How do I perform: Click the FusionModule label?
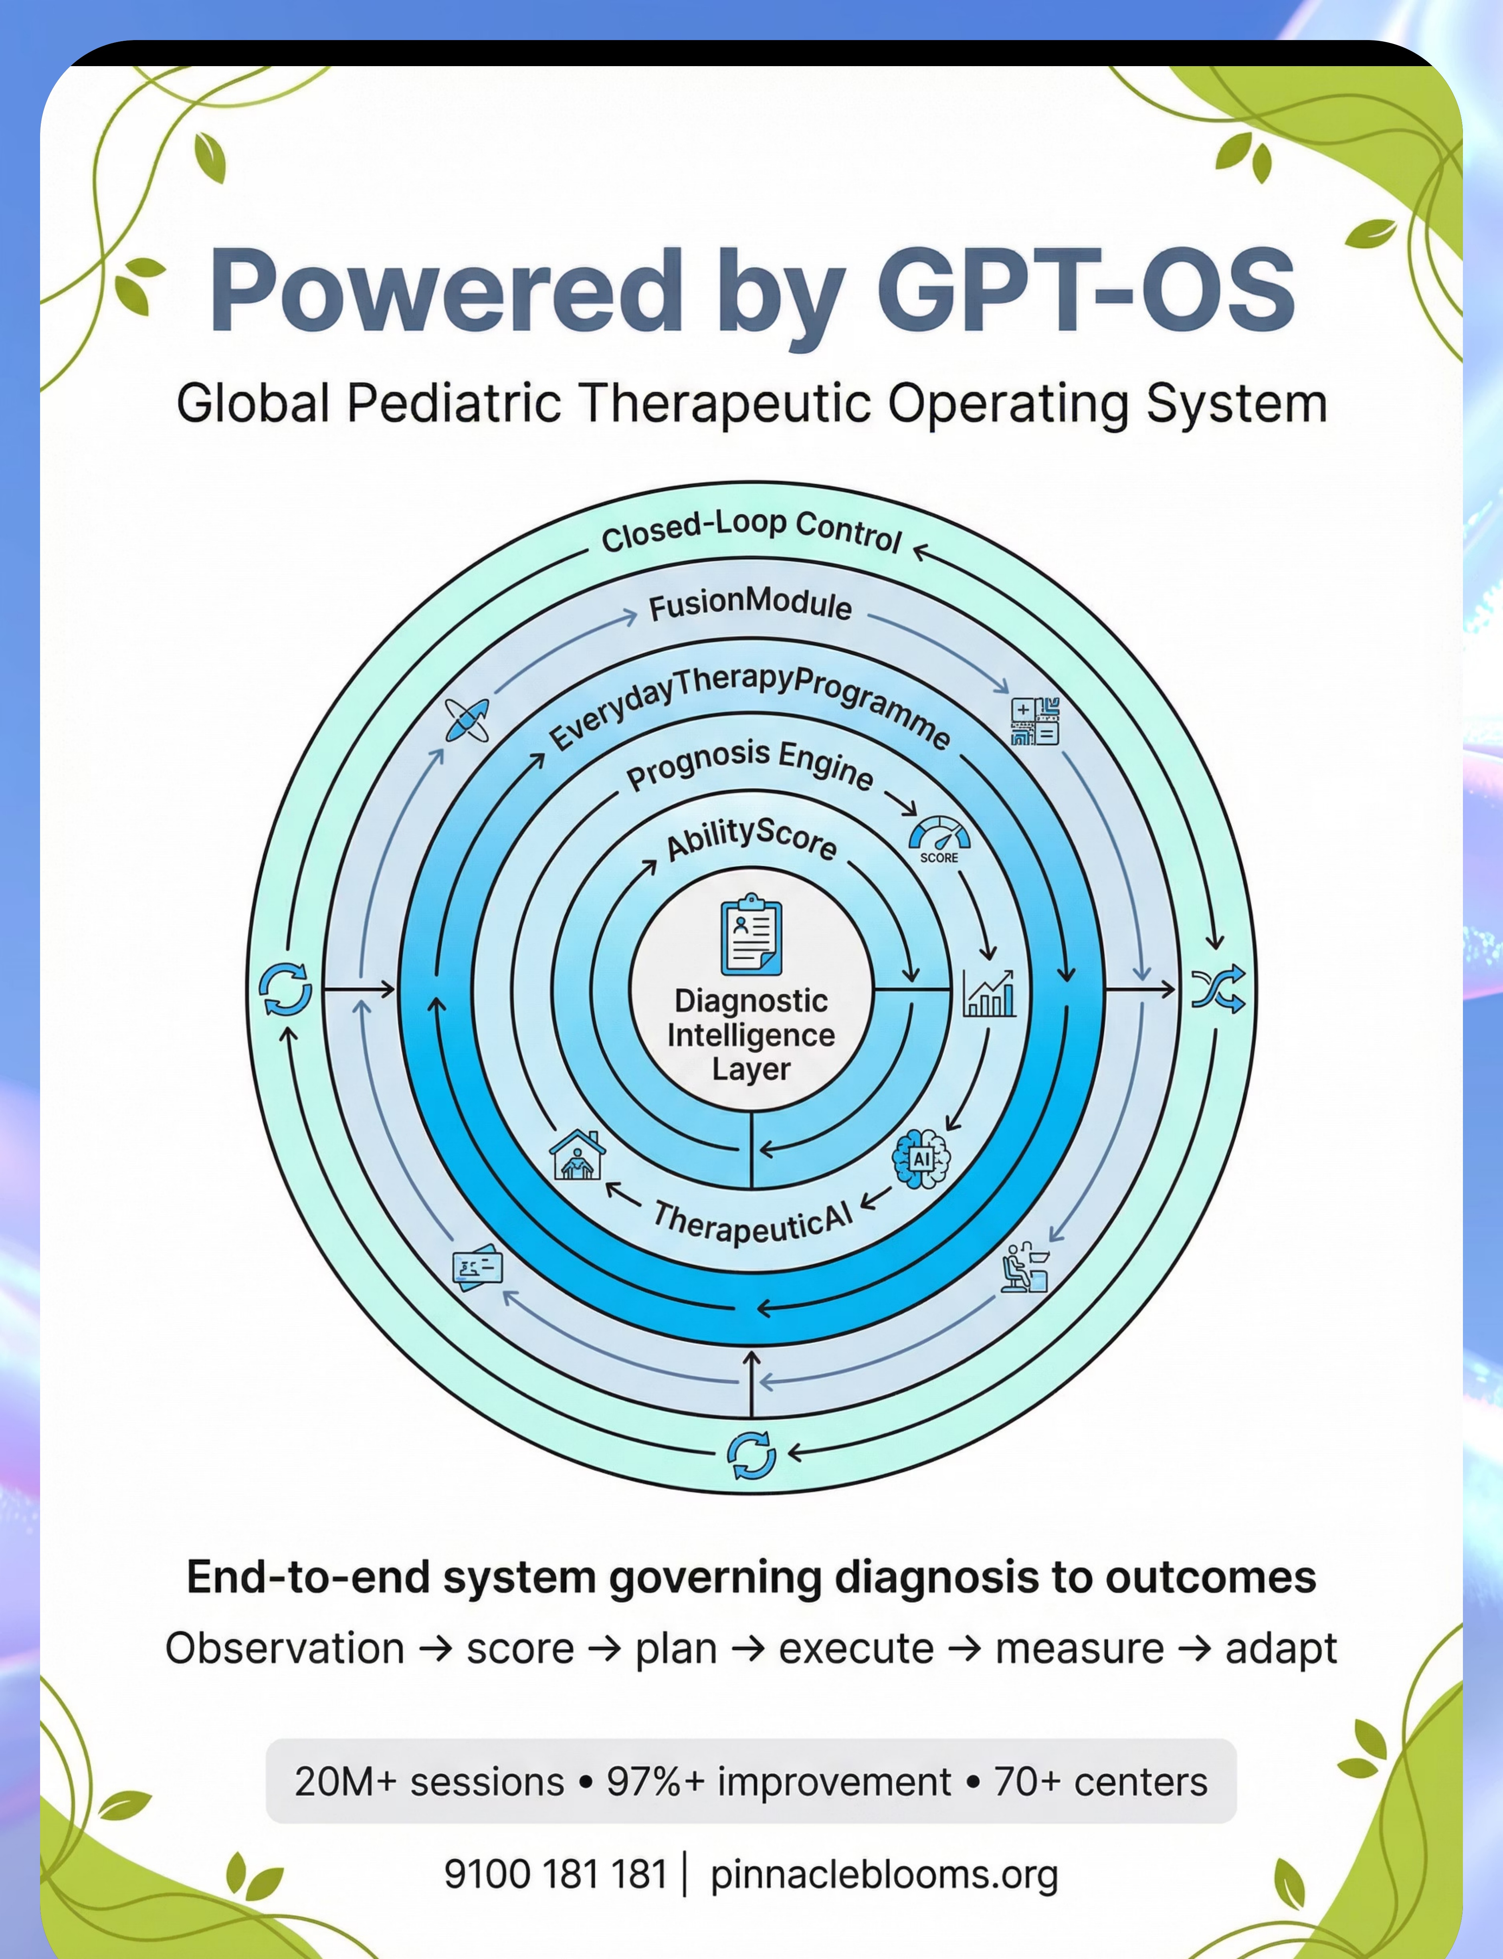(x=750, y=606)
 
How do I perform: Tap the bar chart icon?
(x=989, y=993)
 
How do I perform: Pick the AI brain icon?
(x=921, y=1158)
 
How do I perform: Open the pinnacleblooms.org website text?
(x=884, y=1874)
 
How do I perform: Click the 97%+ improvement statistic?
(x=778, y=1782)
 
